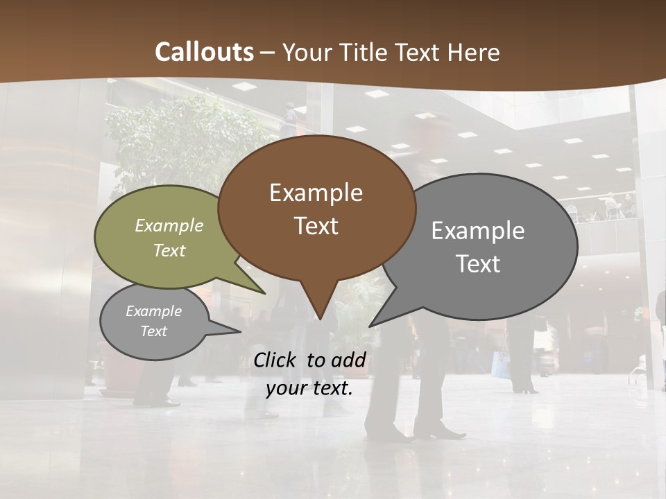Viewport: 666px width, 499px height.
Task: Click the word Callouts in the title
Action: (x=204, y=52)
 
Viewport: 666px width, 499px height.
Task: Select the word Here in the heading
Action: (x=475, y=52)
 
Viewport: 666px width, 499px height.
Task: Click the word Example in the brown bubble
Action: (x=316, y=193)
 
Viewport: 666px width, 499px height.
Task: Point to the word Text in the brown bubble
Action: (x=316, y=226)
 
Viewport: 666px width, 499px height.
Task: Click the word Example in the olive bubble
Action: (x=169, y=226)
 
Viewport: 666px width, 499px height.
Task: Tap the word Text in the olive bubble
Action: (x=169, y=250)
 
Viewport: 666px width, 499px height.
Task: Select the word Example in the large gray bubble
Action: (x=478, y=231)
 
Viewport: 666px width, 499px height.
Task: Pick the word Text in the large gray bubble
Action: (x=478, y=263)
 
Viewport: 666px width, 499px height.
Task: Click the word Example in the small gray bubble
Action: (x=153, y=311)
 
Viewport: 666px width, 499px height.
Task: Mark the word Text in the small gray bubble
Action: (x=153, y=331)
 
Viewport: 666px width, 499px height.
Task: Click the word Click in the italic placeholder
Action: (x=276, y=360)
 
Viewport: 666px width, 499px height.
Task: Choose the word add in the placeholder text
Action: (x=348, y=360)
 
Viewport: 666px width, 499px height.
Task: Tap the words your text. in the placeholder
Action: (x=309, y=388)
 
